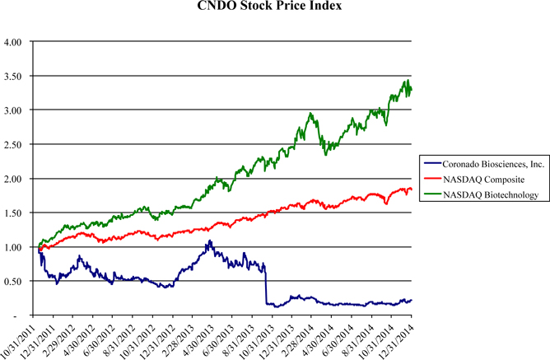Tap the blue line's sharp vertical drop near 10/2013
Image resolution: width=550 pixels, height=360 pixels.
click(265, 284)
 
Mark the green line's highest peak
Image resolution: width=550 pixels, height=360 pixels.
click(407, 80)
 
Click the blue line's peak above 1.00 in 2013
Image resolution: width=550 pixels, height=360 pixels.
click(209, 241)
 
